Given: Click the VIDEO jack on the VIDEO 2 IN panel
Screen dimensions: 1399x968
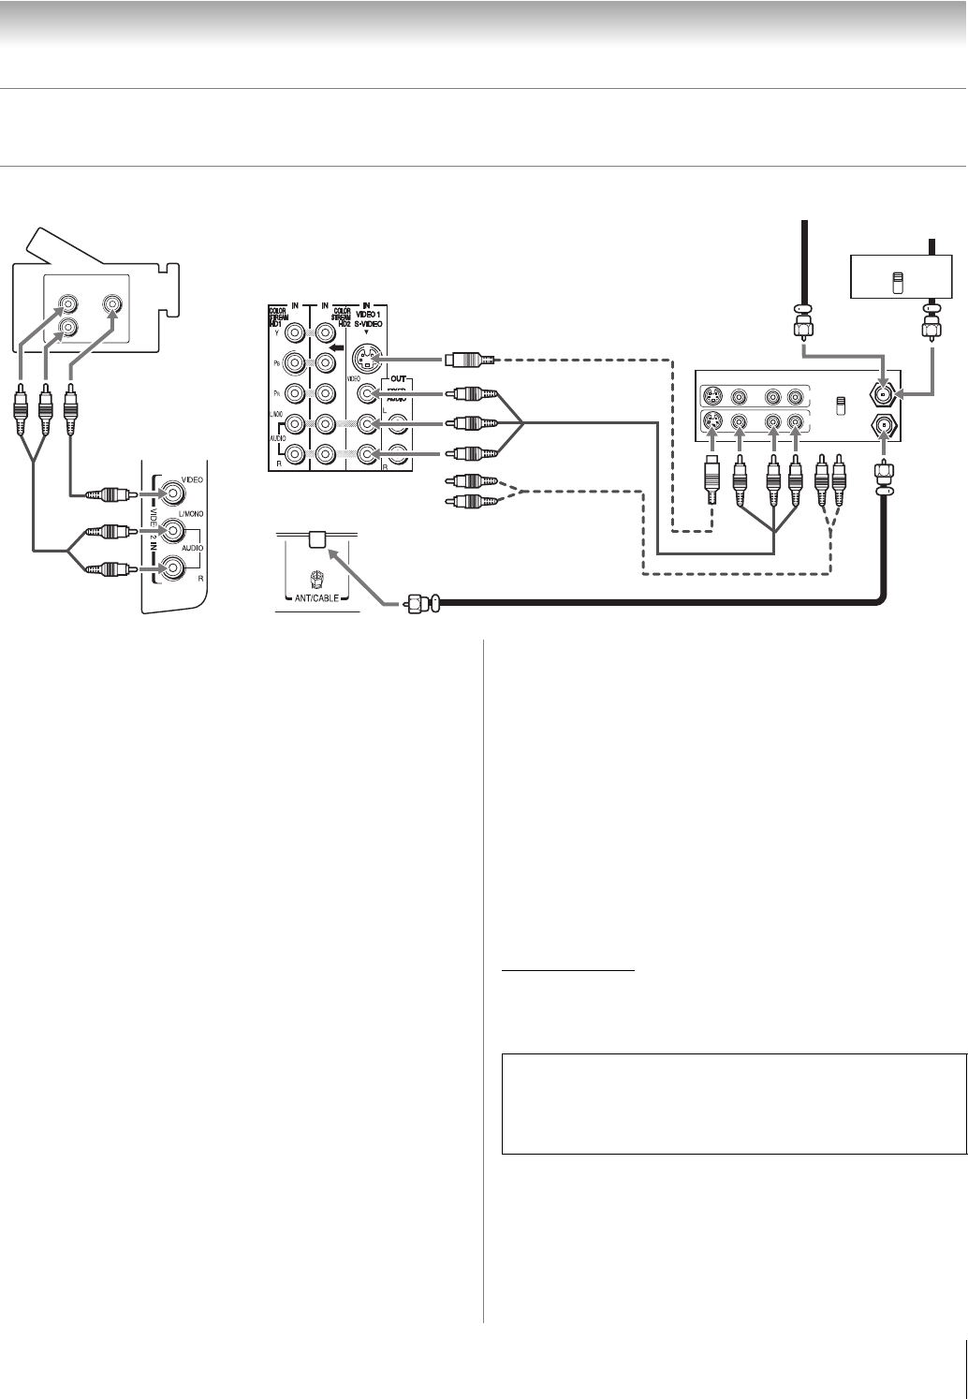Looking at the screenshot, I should click(172, 493).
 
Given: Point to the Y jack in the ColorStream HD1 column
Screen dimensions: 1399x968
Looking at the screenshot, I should click(296, 332).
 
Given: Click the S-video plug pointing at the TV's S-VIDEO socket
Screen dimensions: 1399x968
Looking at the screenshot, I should click(462, 360).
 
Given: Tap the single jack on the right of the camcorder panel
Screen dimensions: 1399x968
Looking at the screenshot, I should click(112, 303).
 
